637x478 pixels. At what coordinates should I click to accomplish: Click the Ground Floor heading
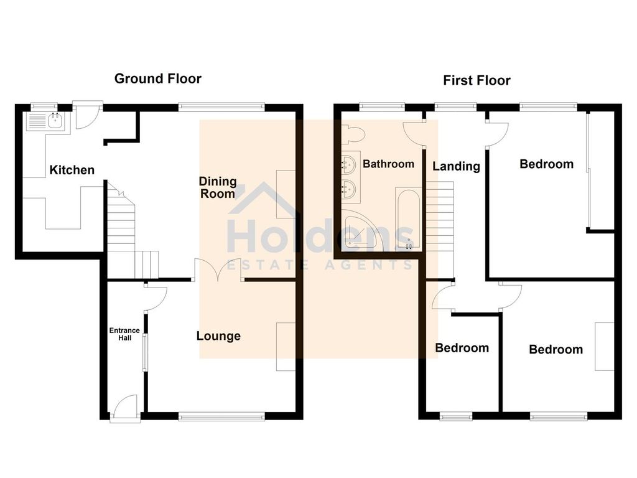157,78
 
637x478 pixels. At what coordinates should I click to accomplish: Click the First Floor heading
477,80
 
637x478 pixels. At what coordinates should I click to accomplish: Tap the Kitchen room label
72,170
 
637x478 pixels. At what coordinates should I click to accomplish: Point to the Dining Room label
218,187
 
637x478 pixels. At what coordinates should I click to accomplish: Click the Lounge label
218,336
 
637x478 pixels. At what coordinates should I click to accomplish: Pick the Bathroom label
388,164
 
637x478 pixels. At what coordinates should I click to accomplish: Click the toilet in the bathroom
352,134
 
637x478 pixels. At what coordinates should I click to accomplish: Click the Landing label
456,166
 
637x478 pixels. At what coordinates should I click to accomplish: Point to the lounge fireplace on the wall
286,347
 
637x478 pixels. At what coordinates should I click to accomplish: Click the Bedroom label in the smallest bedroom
462,348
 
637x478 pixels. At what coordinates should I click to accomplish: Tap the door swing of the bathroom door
413,131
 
